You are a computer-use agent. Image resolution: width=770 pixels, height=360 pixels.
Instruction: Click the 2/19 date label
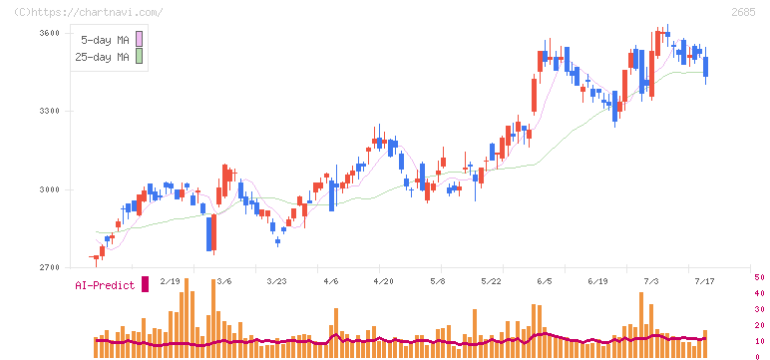tap(170, 281)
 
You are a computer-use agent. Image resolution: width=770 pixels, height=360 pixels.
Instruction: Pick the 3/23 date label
tap(276, 281)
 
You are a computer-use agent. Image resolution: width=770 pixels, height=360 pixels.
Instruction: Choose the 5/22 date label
tap(491, 281)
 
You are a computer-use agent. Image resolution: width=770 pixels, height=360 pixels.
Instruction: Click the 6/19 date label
tap(597, 281)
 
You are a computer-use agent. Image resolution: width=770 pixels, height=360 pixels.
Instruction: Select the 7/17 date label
tap(704, 281)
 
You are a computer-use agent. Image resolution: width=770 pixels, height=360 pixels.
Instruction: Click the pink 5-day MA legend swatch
tap(139, 39)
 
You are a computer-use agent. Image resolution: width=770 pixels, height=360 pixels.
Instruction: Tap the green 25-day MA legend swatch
tap(139, 56)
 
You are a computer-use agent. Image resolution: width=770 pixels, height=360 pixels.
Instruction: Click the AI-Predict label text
tap(105, 285)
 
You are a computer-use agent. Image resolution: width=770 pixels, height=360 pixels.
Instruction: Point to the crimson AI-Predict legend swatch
tap(145, 284)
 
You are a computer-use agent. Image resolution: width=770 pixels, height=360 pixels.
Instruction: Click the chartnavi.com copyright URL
tap(89, 12)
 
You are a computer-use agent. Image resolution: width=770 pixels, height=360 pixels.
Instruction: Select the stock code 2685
tap(743, 12)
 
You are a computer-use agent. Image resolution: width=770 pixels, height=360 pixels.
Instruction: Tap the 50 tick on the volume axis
tap(759, 277)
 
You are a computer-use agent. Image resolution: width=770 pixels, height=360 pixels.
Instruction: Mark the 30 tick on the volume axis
tap(759, 309)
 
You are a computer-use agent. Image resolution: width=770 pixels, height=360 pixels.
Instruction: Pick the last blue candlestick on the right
tap(706, 66)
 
